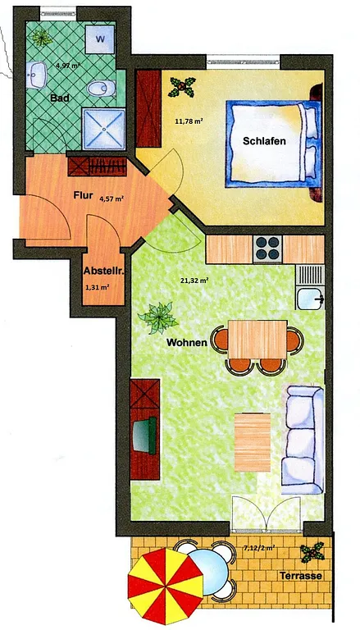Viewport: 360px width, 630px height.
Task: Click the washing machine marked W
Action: (100, 40)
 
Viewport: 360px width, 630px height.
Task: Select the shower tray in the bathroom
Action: (103, 129)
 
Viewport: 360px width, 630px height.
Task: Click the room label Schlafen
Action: (264, 141)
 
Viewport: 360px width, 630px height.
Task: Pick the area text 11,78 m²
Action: (189, 120)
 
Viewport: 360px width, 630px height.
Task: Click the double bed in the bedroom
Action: (274, 144)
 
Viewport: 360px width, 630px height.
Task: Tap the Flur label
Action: (83, 196)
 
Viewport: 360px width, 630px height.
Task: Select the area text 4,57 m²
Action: (112, 198)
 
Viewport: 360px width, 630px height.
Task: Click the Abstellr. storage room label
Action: (103, 272)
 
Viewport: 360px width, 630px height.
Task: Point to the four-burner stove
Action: (267, 249)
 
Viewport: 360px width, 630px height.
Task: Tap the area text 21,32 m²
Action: (194, 281)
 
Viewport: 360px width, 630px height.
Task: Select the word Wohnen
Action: (187, 343)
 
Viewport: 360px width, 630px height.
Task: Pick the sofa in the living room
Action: (303, 439)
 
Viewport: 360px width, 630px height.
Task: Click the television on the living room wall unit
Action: (144, 436)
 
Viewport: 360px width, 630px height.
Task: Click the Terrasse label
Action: (301, 576)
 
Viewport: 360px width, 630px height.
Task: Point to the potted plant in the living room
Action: (158, 317)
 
